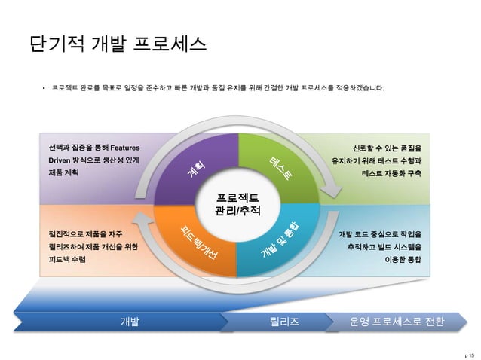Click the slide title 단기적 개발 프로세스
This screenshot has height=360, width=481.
click(117, 43)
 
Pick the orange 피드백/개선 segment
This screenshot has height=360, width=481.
click(199, 239)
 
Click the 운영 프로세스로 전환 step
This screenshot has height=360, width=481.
click(397, 322)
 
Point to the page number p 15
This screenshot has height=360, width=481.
click(470, 352)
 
